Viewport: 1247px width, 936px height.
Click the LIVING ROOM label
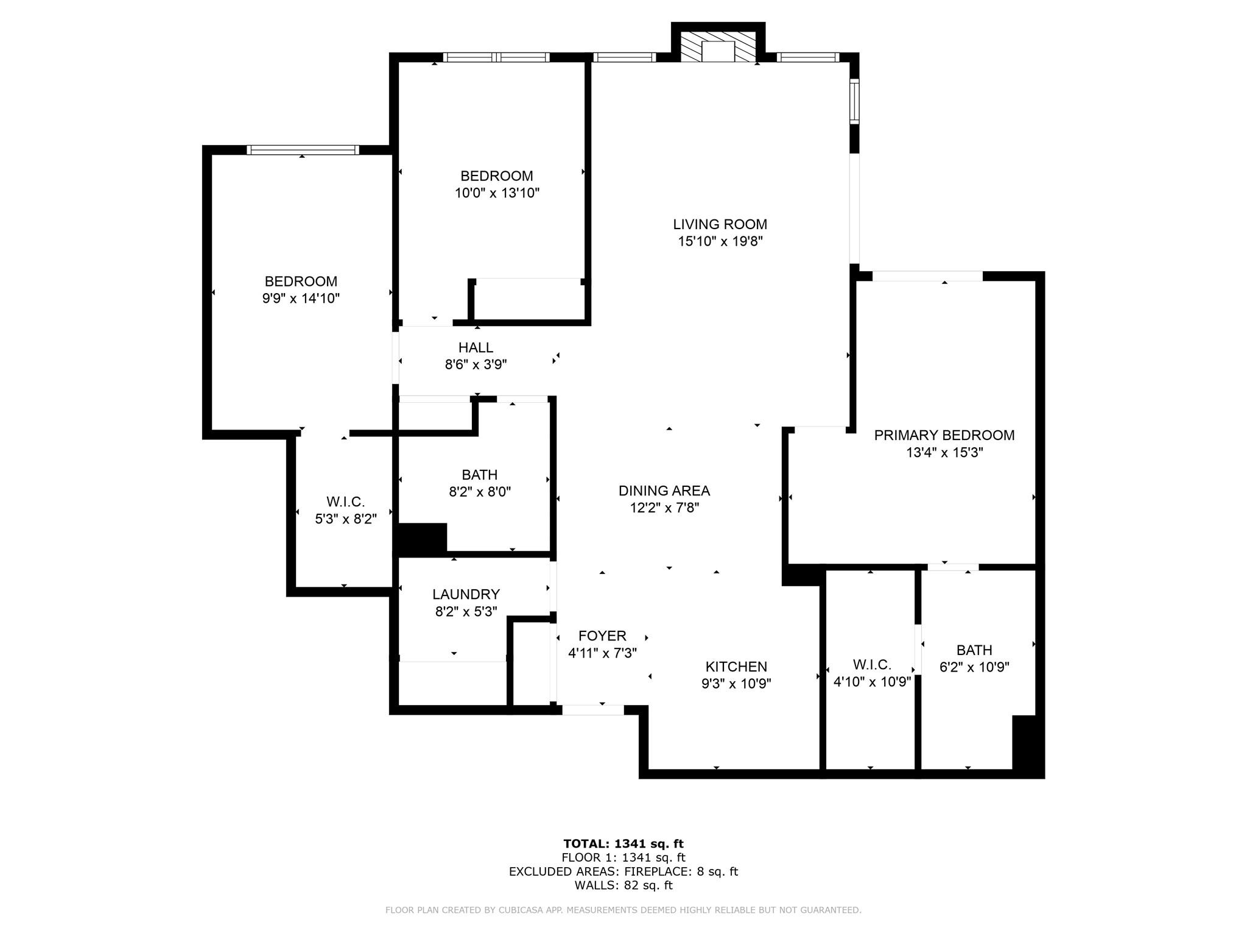(720, 224)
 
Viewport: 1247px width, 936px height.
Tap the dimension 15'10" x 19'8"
(720, 241)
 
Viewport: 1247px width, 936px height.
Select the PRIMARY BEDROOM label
(944, 435)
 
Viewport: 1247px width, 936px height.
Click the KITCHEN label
(736, 667)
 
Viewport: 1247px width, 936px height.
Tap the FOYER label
(602, 636)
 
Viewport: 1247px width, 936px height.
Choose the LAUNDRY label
(466, 594)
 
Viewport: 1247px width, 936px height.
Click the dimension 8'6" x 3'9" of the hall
(476, 364)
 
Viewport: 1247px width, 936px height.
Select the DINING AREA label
(664, 491)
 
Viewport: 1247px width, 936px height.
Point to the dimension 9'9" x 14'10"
(301, 299)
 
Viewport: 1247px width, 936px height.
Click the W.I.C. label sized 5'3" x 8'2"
(345, 502)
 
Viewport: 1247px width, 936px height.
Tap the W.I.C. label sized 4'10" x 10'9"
(872, 664)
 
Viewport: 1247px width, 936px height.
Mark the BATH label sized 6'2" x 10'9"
(974, 650)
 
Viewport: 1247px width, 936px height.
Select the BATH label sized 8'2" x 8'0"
(479, 475)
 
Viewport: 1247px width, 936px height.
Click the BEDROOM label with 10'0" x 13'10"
(496, 176)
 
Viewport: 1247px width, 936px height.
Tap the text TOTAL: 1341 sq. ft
(623, 843)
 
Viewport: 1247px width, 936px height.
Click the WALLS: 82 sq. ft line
(623, 885)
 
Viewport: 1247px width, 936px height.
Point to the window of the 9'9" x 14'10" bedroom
(303, 150)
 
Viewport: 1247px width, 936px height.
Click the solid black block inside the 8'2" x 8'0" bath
(422, 538)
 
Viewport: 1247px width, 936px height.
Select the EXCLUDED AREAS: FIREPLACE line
(623, 871)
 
